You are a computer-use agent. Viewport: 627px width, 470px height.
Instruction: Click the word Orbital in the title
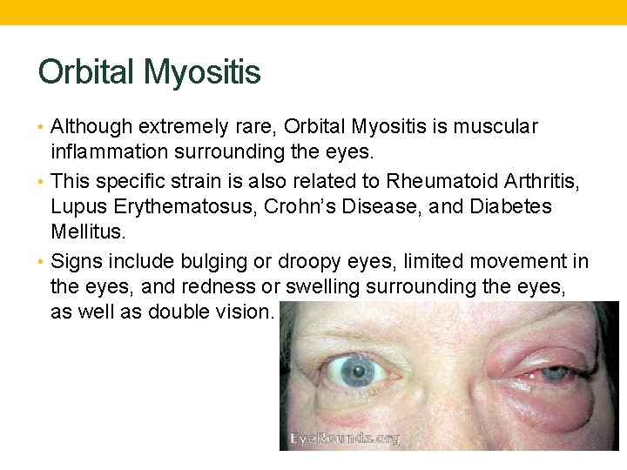87,72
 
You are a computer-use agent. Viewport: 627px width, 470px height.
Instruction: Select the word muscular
496,127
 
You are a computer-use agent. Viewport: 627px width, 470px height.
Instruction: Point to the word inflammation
106,153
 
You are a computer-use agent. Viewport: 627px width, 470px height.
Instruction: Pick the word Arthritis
542,181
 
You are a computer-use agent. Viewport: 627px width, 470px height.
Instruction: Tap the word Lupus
76,207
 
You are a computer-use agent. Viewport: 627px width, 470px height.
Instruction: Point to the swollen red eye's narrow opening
549,374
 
